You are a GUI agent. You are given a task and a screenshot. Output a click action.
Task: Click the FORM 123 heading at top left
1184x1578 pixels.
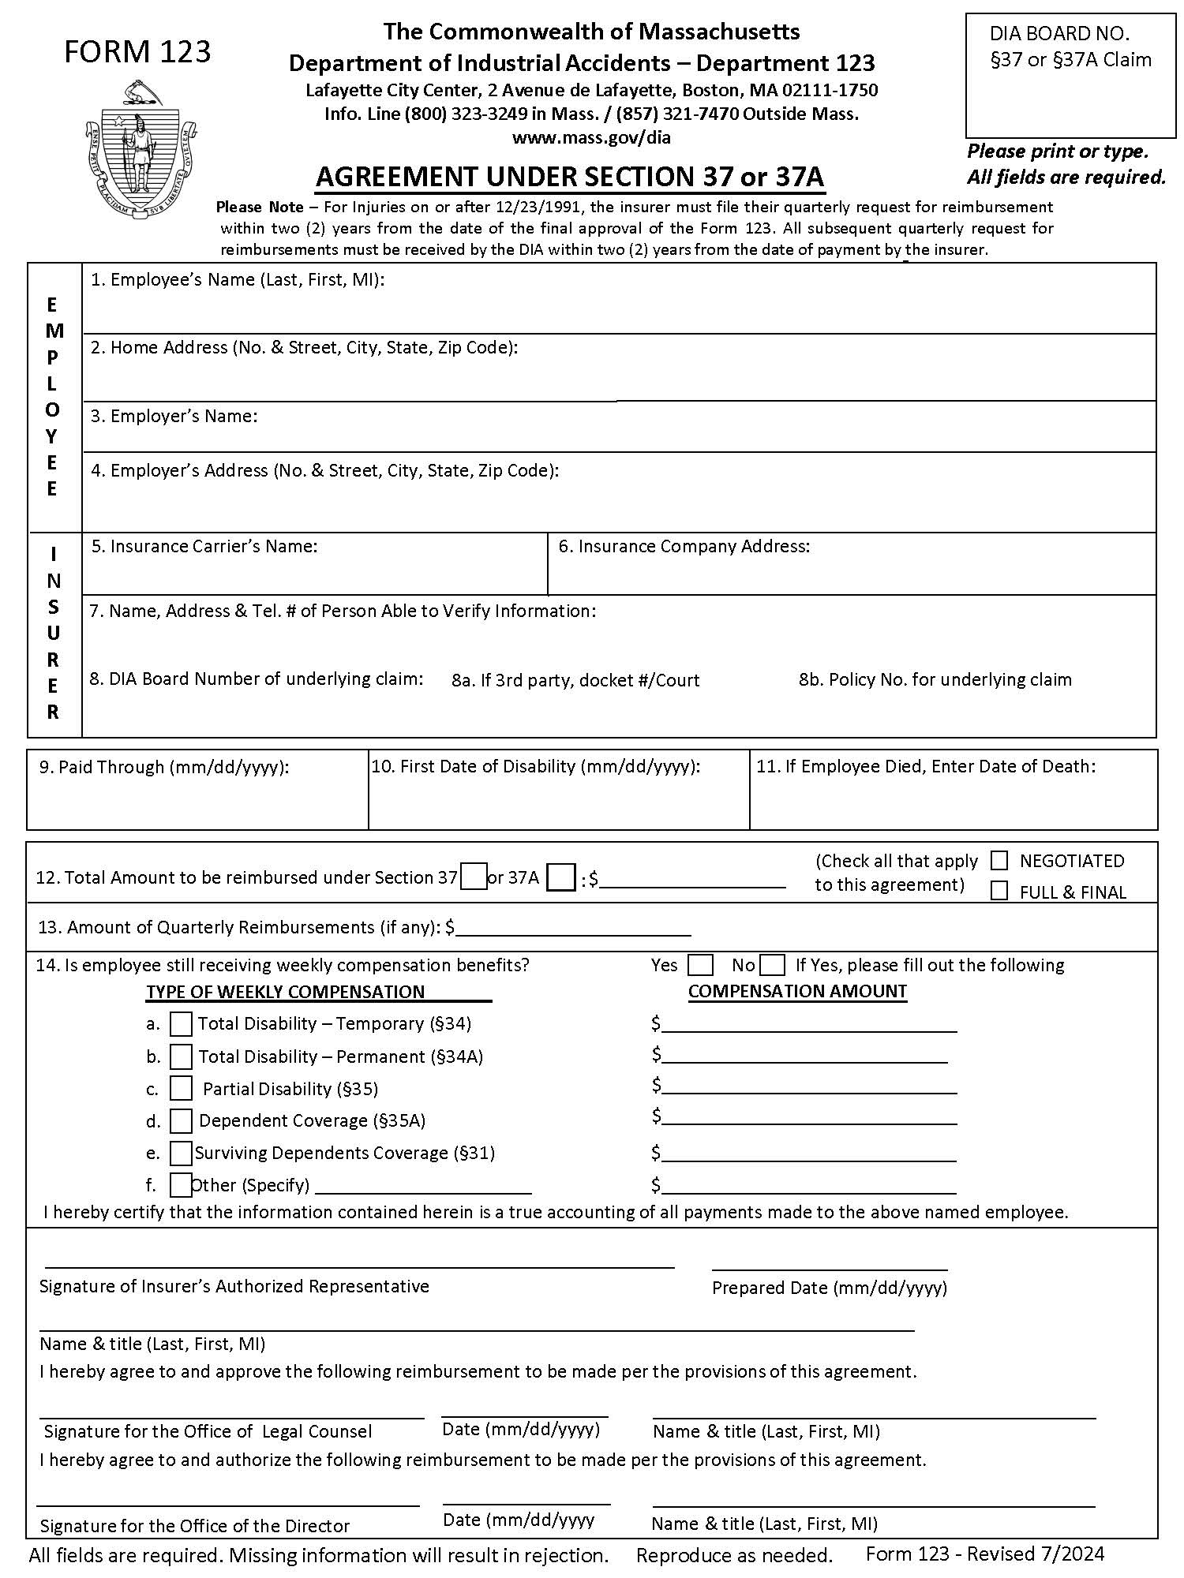pos(137,52)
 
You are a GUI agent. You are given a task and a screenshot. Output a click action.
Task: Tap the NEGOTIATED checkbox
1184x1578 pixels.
pos(999,861)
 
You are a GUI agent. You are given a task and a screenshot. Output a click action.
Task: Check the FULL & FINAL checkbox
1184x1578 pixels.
pos(999,892)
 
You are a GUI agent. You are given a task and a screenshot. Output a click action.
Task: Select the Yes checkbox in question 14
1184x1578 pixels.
pos(700,965)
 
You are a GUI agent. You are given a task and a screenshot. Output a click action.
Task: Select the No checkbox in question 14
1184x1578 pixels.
pos(773,965)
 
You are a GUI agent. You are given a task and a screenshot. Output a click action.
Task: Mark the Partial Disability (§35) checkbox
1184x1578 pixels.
pos(181,1089)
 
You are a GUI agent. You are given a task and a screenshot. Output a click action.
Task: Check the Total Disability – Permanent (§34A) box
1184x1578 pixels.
pos(181,1056)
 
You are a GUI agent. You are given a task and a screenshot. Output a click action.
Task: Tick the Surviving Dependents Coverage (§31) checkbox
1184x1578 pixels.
pos(181,1154)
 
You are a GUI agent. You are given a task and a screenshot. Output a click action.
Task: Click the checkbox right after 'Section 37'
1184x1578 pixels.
pos(473,877)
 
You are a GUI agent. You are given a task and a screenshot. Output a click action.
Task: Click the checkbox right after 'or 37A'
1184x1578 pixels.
pos(560,877)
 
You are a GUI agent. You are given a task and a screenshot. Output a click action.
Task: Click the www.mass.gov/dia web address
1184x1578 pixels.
pos(591,137)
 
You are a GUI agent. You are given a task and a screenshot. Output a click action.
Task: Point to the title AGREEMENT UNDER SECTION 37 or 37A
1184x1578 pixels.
pos(570,177)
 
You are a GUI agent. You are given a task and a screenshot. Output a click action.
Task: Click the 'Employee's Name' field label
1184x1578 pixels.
pos(238,279)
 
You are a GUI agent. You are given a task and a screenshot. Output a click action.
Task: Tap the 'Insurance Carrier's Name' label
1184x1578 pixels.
pos(204,546)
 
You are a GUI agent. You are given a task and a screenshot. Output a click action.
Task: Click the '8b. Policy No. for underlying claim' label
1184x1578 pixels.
pos(935,679)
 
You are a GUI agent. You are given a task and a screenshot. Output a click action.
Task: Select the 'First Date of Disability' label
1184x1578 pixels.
pos(536,766)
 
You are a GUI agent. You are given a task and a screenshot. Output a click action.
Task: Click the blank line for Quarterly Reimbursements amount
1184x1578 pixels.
pos(573,929)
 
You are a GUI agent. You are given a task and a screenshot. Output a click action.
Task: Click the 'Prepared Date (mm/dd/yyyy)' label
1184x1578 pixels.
pos(829,1288)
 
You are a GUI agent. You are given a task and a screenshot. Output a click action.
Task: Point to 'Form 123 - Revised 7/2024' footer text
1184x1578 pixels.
pos(984,1554)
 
